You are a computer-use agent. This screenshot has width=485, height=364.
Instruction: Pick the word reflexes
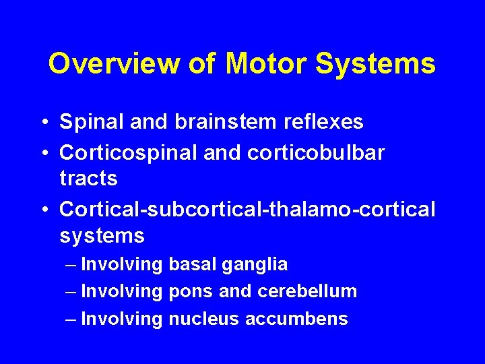pyautogui.click(x=321, y=122)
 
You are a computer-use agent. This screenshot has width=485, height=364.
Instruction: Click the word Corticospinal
pyautogui.click(x=125, y=152)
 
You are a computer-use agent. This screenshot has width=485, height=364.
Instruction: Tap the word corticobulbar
pyautogui.click(x=316, y=152)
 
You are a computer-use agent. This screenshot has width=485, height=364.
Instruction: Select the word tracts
pyautogui.click(x=88, y=179)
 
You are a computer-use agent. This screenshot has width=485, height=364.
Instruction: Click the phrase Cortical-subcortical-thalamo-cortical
pyautogui.click(x=248, y=209)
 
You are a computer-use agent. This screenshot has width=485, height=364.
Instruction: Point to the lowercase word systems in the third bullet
pyautogui.click(x=102, y=236)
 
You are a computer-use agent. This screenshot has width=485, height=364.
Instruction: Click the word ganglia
pyautogui.click(x=259, y=265)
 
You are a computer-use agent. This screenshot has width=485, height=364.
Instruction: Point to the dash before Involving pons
pyautogui.click(x=71, y=291)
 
